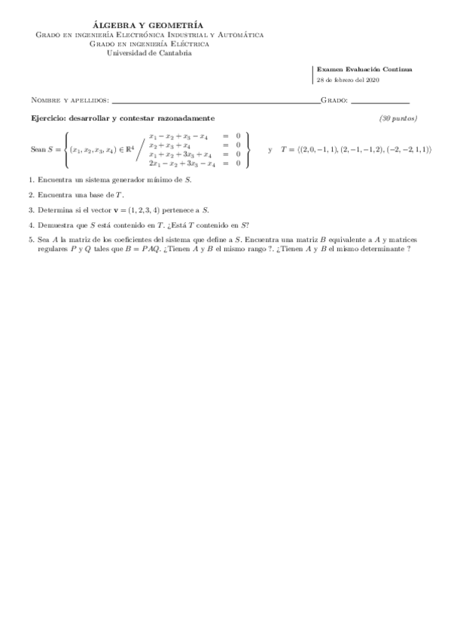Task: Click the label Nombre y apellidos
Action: pyautogui.click(x=69, y=100)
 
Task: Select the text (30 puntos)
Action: pyautogui.click(x=398, y=118)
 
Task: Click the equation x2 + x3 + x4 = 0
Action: pyautogui.click(x=194, y=145)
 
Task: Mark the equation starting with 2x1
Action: pyautogui.click(x=194, y=163)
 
